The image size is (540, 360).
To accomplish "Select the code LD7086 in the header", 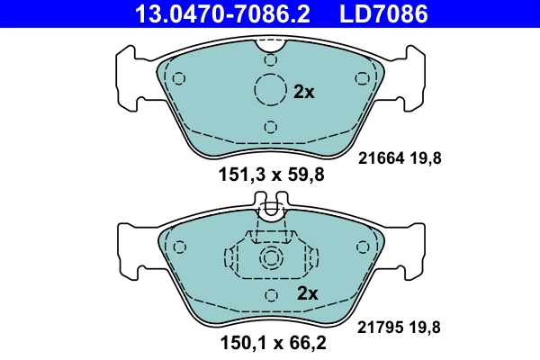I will (381, 13).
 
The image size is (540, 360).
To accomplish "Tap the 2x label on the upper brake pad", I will (304, 91).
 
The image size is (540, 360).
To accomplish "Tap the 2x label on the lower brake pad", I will (308, 292).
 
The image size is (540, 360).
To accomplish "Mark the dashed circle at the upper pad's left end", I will (178, 77).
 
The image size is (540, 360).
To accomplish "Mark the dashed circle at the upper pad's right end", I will (364, 77).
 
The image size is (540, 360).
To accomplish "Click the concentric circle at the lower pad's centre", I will (271, 260).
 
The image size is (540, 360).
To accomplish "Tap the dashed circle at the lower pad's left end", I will (178, 247).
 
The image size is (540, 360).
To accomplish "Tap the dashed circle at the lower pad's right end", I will (364, 247).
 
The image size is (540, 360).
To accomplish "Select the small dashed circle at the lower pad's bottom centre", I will (271, 296).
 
